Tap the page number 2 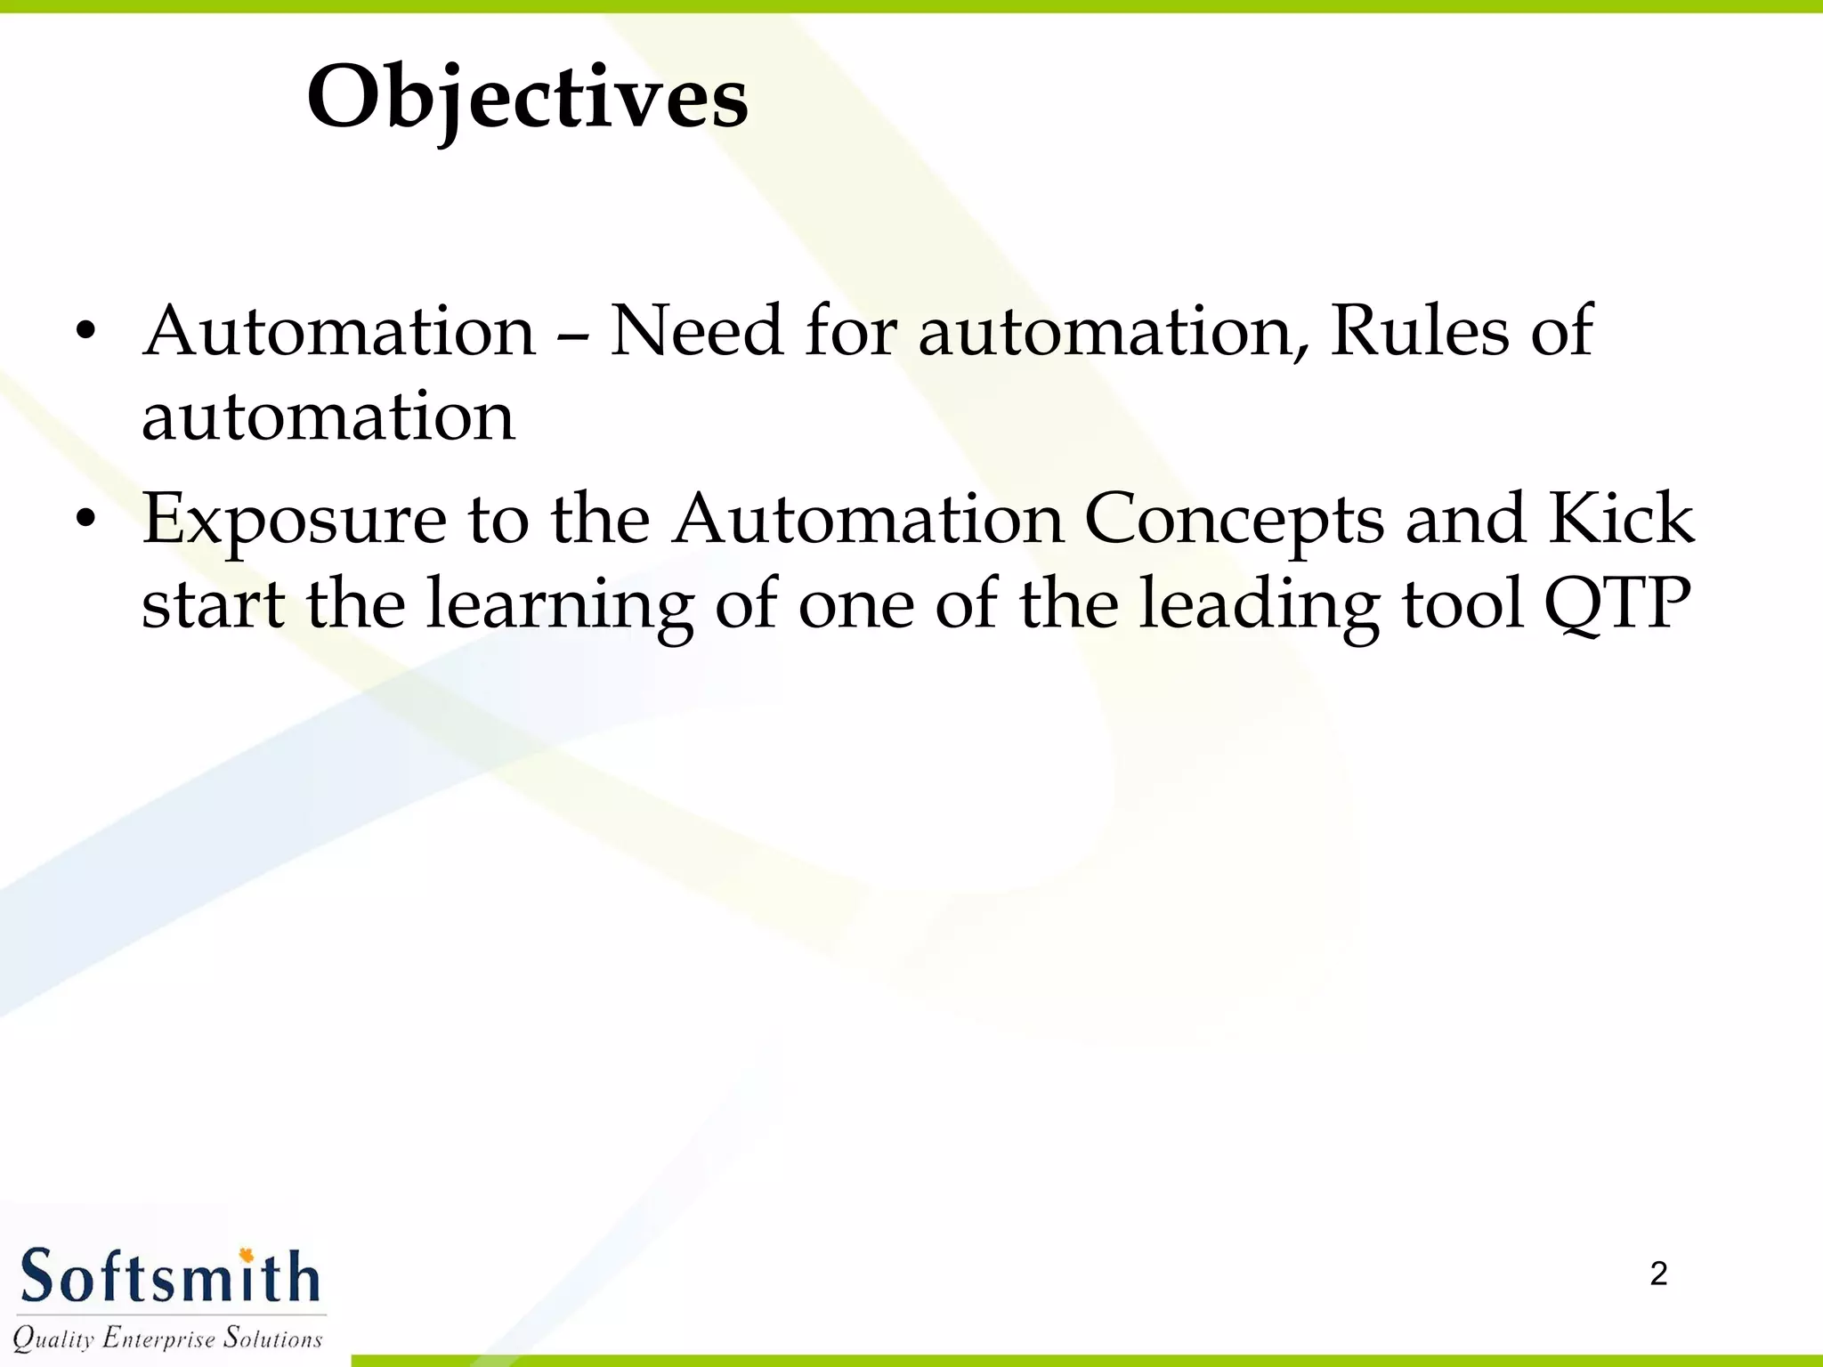pyautogui.click(x=1658, y=1274)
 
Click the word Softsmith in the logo pyautogui.click(x=169, y=1277)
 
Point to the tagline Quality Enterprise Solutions pyautogui.click(x=167, y=1338)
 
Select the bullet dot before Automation pyautogui.click(x=85, y=332)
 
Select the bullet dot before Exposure pyautogui.click(x=85, y=518)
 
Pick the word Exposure pyautogui.click(x=294, y=520)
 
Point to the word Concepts pyautogui.click(x=1234, y=520)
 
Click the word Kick pyautogui.click(x=1621, y=518)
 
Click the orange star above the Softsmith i pyautogui.click(x=247, y=1255)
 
